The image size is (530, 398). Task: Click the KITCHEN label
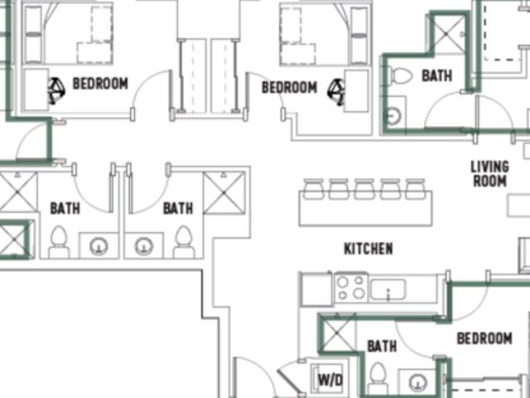point(369,249)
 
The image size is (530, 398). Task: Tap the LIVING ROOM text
point(489,173)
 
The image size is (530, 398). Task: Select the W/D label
point(330,380)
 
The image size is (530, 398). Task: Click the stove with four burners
point(351,288)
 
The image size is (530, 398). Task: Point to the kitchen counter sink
point(388,289)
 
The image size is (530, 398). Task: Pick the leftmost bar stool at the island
point(313,189)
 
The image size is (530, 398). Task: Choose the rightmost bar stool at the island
point(416,189)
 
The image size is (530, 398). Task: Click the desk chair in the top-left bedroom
point(55,90)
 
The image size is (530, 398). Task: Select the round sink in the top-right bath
point(393,116)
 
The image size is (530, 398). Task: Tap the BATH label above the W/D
point(382,347)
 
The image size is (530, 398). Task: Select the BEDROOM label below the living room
point(484,338)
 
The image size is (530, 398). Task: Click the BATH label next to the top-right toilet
point(436,75)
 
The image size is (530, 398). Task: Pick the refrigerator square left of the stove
point(316,289)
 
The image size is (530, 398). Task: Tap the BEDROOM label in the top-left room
point(100,83)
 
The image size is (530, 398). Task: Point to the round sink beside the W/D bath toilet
point(417,381)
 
